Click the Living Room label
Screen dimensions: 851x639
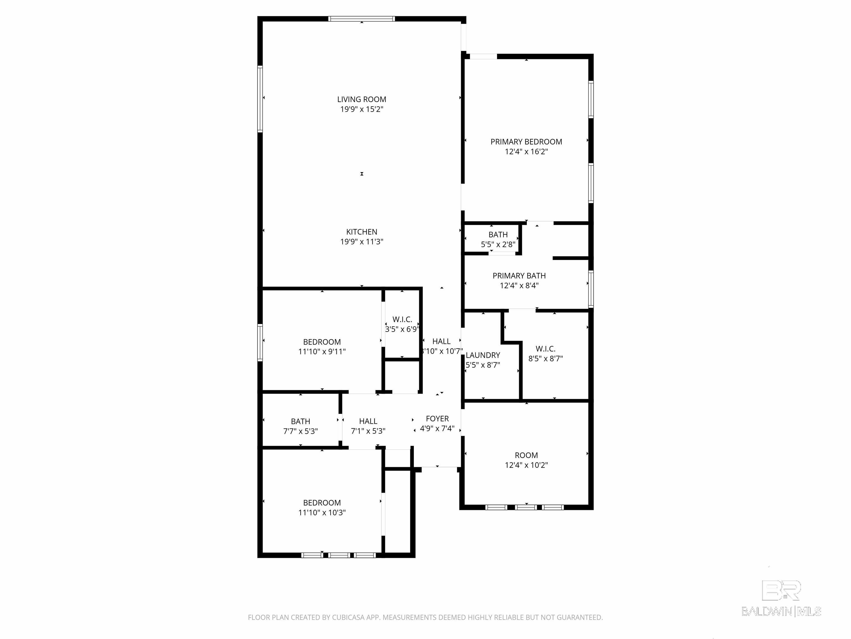pos(362,99)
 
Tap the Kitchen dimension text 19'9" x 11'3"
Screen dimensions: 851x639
pos(362,242)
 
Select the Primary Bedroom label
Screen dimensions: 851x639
pos(526,142)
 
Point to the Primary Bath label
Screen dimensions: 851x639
pos(519,276)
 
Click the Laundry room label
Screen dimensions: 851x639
pos(483,355)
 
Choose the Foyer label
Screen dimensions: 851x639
pos(437,419)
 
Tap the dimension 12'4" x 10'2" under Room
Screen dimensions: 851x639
pos(526,465)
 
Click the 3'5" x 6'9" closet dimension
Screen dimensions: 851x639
pos(402,329)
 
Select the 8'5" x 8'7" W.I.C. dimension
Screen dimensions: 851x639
pos(545,359)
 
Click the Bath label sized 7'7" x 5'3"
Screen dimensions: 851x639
pos(301,421)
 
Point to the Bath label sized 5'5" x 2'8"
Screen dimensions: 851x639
pos(498,235)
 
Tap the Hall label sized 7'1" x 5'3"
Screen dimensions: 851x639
pos(368,421)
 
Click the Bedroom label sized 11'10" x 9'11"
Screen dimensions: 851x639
pos(322,342)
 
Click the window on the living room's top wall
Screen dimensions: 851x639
pos(362,19)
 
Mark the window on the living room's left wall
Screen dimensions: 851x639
pos(260,99)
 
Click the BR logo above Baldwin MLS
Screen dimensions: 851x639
pos(781,590)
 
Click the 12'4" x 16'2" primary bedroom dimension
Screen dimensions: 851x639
pos(526,152)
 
